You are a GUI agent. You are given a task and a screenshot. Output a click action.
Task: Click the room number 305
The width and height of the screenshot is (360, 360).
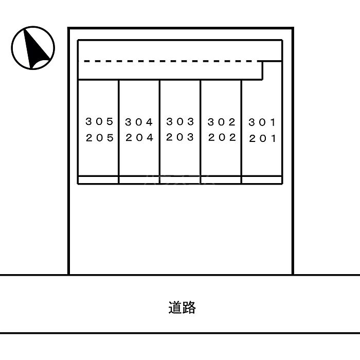click(x=99, y=121)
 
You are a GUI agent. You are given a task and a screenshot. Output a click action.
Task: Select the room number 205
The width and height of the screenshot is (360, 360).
click(x=100, y=138)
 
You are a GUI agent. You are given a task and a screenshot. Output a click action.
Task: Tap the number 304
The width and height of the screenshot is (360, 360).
click(x=139, y=122)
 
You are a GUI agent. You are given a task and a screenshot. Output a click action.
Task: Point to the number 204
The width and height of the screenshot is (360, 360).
click(x=139, y=137)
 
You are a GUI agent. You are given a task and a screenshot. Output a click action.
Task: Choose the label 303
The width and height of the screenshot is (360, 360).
click(x=180, y=121)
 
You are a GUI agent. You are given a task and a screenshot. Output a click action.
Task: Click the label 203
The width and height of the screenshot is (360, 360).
click(x=180, y=137)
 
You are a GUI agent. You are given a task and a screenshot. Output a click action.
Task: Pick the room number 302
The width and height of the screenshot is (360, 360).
click(x=222, y=122)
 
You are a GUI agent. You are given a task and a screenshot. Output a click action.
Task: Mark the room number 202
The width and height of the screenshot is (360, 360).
click(x=222, y=137)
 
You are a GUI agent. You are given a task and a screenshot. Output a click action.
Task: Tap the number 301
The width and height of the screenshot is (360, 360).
click(x=262, y=122)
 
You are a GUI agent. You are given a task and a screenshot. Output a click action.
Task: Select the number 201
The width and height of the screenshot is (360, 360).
click(x=262, y=138)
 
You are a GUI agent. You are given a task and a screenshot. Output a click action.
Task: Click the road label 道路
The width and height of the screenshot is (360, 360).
click(x=182, y=308)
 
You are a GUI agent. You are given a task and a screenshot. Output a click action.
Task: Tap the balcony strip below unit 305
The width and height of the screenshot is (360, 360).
click(x=98, y=180)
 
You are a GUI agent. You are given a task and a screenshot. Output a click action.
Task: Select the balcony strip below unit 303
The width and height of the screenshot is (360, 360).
click(x=180, y=180)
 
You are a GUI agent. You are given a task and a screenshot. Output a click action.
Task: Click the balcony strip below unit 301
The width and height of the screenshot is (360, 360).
click(x=262, y=180)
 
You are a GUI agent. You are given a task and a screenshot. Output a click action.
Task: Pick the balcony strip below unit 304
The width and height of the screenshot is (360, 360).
click(x=139, y=180)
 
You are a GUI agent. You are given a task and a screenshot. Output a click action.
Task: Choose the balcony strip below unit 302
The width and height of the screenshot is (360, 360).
click(x=221, y=180)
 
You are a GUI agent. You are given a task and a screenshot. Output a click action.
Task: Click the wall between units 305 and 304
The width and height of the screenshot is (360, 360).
click(x=119, y=132)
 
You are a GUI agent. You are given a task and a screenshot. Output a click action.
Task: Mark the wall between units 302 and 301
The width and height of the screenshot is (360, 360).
click(x=242, y=132)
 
